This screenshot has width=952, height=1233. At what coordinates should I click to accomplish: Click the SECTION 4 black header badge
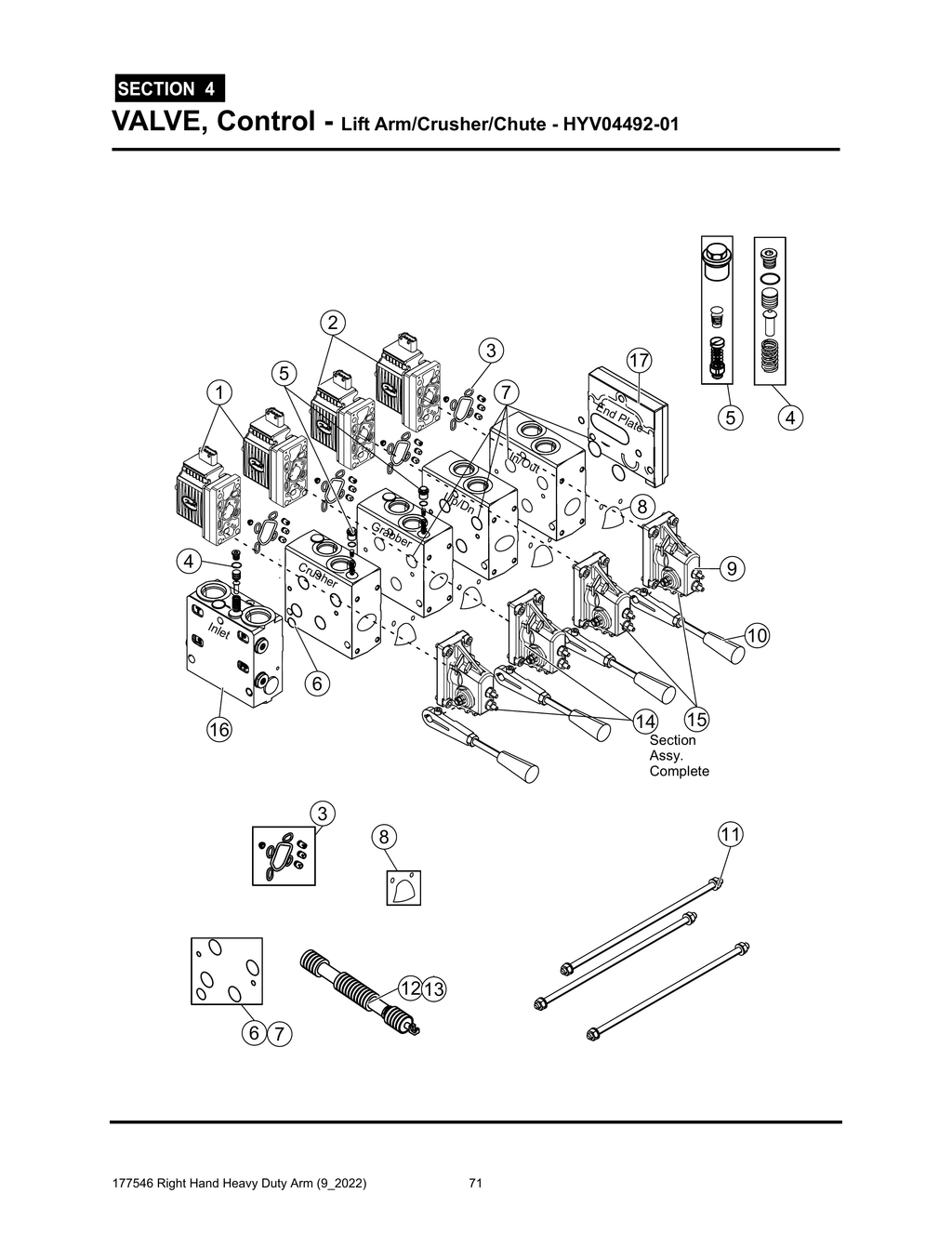[x=168, y=89]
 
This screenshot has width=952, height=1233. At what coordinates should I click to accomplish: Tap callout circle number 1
[x=219, y=392]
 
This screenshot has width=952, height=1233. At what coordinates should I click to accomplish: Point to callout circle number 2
[x=332, y=323]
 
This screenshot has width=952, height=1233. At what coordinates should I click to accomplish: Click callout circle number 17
[x=638, y=360]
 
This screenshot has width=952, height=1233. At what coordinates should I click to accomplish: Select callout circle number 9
[x=732, y=567]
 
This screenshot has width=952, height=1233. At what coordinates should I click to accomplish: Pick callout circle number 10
[x=757, y=636]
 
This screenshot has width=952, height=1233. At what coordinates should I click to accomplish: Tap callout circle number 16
[x=219, y=730]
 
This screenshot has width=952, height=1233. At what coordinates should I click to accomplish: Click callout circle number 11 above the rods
[x=730, y=834]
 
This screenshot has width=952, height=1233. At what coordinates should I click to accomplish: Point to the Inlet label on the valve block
[x=218, y=632]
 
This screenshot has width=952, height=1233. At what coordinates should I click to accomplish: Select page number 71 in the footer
[x=474, y=1184]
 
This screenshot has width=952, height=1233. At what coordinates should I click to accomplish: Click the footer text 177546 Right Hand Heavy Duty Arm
[x=238, y=1184]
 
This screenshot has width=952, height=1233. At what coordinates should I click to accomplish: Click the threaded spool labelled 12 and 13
[x=358, y=988]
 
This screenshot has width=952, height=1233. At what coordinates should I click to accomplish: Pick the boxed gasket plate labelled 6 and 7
[x=227, y=971]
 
